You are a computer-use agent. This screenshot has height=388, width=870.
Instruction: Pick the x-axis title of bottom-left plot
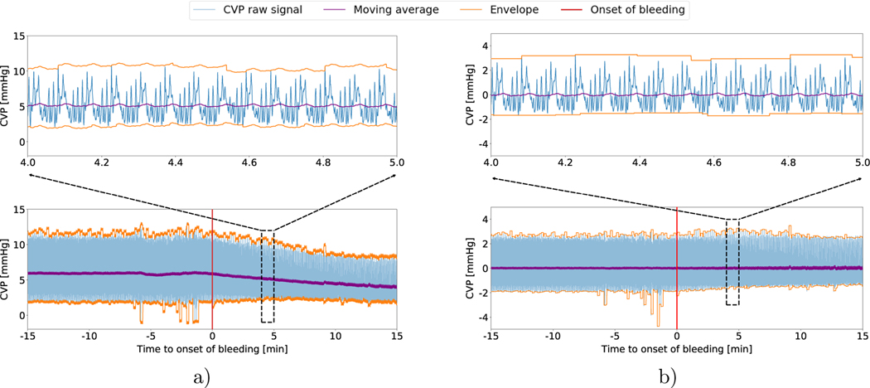click(x=213, y=349)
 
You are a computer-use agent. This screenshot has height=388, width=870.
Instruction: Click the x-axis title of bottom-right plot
click(x=678, y=349)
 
